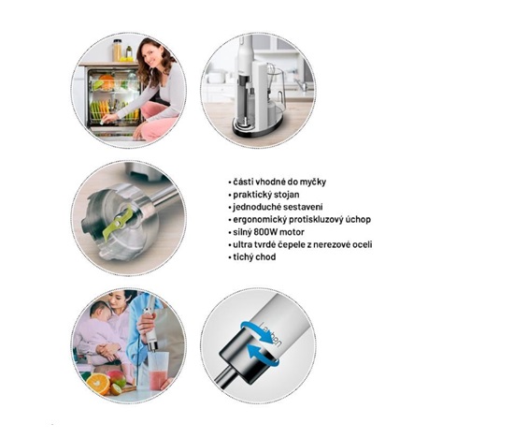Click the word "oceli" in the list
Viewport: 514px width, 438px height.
[361, 244]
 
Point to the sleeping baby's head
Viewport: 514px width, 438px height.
[100, 311]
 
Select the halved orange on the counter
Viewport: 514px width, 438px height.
[99, 384]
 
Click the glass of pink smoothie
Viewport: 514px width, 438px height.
[159, 371]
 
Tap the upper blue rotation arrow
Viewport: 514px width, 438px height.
[260, 331]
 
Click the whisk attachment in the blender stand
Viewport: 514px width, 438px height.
[271, 76]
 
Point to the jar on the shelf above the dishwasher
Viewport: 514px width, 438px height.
[117, 50]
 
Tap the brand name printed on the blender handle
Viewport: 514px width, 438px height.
[270, 333]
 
